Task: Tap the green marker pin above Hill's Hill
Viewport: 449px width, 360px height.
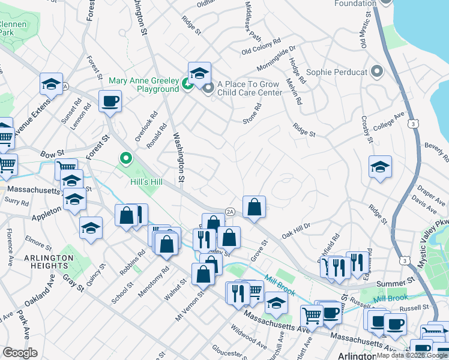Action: point(126,159)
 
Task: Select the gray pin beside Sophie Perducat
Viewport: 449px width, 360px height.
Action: point(377,72)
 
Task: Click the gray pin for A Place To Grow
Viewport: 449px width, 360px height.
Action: point(208,89)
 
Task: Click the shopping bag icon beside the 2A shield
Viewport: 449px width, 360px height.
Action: point(255,206)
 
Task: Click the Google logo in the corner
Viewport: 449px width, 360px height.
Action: point(20,353)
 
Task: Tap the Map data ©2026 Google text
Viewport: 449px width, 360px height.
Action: point(412,355)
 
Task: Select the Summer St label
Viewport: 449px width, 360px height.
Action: point(396,281)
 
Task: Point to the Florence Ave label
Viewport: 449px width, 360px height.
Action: point(10,247)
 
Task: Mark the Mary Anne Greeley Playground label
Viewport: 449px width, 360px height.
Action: point(144,85)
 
